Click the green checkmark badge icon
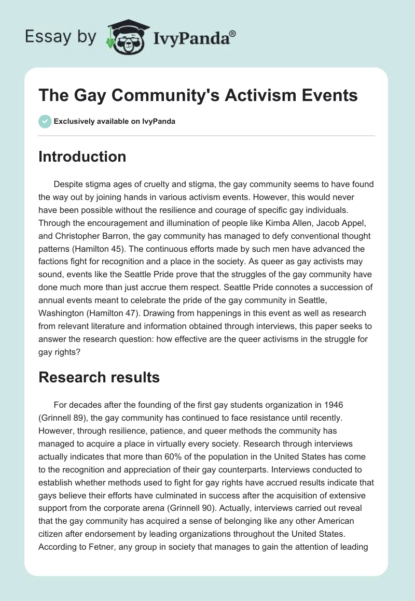[x=45, y=121]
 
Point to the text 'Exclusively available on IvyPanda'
[x=115, y=121]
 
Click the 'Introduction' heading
[x=82, y=156]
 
